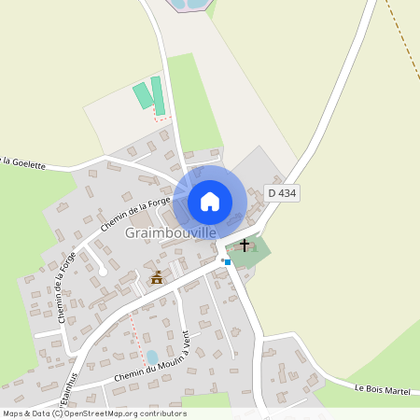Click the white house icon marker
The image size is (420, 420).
point(210,201)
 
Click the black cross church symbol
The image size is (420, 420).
point(245,245)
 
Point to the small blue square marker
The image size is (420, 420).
point(227,262)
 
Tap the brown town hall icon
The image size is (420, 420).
point(157,277)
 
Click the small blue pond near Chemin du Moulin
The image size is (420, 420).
point(152,357)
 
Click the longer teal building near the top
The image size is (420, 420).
point(158,96)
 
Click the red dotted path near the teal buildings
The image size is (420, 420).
point(161,119)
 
